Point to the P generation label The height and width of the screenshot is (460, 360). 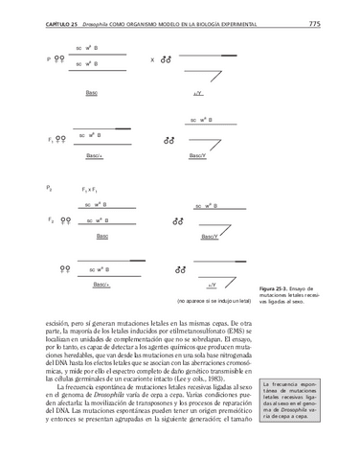click(48, 59)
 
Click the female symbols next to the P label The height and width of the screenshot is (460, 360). click(61, 59)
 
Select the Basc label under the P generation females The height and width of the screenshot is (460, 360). click(91, 93)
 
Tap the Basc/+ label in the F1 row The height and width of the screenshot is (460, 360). click(95, 155)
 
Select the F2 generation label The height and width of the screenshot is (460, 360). click(50, 219)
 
